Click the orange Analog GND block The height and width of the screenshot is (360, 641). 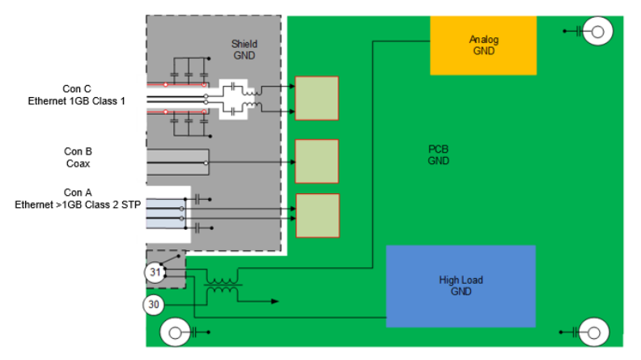point(482,45)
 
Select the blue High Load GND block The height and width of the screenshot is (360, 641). point(461,286)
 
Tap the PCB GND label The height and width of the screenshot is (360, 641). point(438,155)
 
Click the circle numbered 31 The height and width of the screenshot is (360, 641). point(155,273)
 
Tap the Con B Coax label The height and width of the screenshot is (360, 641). point(78,156)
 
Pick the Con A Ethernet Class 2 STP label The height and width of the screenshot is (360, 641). point(78,199)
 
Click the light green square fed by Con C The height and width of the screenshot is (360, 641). point(316,98)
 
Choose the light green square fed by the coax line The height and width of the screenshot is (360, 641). point(316,161)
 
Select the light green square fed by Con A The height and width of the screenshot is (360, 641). point(316,215)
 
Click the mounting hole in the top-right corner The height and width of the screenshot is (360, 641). point(598,32)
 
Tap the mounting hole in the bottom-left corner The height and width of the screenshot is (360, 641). point(175,332)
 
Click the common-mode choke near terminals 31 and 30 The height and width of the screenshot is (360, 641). point(221,288)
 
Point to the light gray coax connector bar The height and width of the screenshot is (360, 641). point(177,162)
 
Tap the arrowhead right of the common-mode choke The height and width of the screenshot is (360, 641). point(274,301)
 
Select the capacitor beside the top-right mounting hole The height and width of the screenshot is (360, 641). point(579,32)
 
